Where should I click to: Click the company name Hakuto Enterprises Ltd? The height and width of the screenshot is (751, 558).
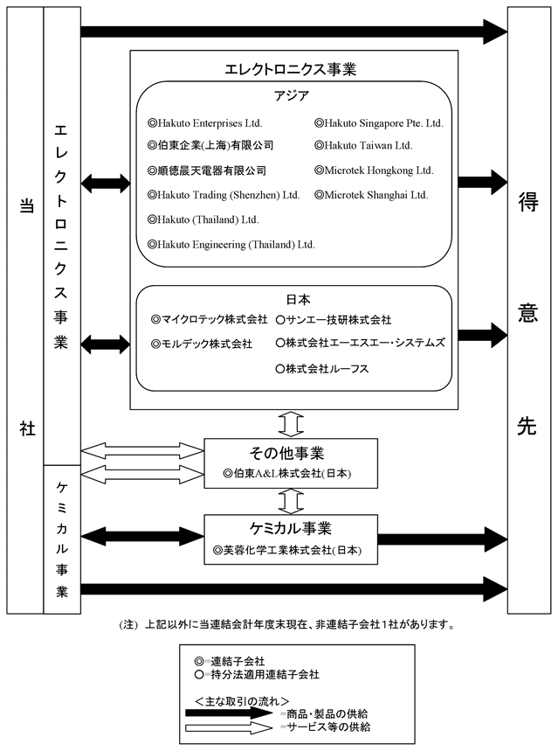point(210,123)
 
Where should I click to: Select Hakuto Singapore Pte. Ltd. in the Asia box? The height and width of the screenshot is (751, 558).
point(384,123)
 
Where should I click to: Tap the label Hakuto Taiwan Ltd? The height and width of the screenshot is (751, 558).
point(368,146)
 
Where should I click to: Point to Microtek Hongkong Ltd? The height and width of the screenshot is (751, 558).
point(378,170)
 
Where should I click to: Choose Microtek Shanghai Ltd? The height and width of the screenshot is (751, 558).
point(376,195)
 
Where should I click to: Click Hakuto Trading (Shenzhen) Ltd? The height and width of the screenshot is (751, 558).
point(229,195)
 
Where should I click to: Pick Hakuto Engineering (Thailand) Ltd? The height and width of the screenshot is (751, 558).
point(236,245)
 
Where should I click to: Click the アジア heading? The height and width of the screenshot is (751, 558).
point(292,96)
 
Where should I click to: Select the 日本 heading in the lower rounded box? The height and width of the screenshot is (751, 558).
point(298,300)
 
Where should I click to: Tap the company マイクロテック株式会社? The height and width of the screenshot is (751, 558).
point(214,319)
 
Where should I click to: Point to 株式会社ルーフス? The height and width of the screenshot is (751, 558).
point(327,369)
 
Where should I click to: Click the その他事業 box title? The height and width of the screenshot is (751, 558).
point(286,453)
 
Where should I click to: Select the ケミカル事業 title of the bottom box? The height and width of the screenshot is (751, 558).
point(291,528)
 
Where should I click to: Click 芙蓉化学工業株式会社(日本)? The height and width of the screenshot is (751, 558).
point(293,550)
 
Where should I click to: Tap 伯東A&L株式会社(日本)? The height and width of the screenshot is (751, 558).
point(292,474)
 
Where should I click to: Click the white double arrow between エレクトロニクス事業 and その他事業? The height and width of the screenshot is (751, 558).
point(291,424)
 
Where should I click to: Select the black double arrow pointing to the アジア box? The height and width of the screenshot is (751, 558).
point(106,183)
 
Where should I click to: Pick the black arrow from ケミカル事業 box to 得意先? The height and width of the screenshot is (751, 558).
point(442,539)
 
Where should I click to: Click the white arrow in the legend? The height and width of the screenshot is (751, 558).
point(230,728)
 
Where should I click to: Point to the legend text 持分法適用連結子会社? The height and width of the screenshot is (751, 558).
point(265,675)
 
